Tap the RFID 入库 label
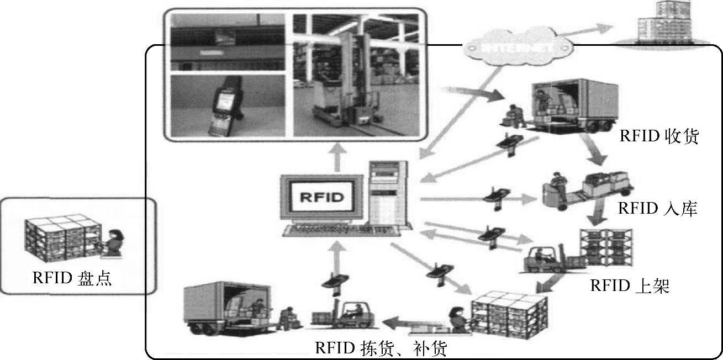[x=657, y=209]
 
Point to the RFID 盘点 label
[x=72, y=278]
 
